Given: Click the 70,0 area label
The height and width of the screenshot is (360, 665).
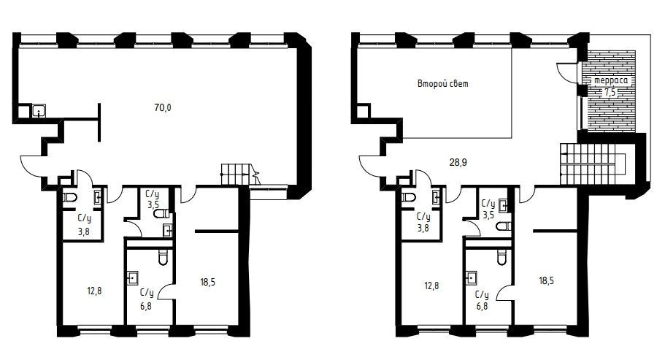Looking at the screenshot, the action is [163, 107].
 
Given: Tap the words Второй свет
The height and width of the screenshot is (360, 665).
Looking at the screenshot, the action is [443, 83].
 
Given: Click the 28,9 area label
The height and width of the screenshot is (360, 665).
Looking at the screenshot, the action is [458, 162].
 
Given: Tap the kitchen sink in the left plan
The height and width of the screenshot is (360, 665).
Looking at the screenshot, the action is [39, 111].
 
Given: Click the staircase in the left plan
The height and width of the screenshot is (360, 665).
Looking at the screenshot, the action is [240, 175].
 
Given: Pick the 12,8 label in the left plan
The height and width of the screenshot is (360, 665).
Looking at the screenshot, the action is [94, 291].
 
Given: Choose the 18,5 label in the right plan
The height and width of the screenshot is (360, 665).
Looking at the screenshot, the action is [546, 280].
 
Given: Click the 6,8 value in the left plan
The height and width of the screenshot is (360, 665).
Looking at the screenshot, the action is [146, 305].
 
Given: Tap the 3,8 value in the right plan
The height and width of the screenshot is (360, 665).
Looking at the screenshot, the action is [423, 228].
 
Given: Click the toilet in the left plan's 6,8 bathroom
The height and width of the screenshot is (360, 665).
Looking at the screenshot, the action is [163, 257].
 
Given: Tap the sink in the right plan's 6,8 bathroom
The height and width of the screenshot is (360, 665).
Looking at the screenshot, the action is [471, 277].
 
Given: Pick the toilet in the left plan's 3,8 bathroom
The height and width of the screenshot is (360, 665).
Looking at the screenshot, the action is [69, 197].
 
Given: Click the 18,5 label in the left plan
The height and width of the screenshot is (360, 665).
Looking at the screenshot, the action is [208, 282].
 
